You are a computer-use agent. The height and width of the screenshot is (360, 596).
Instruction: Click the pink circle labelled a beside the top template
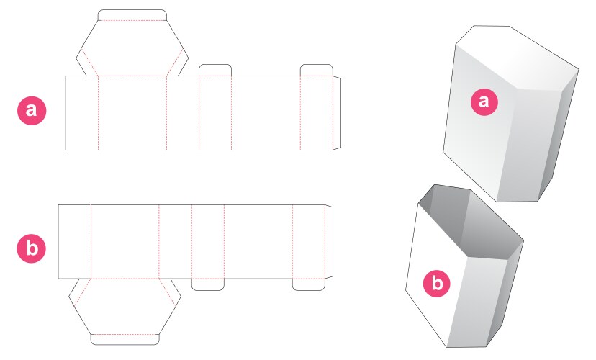(x=31, y=111)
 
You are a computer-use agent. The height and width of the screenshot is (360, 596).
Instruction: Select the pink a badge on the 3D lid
(x=484, y=102)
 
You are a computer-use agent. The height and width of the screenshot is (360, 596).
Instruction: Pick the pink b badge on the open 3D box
(x=435, y=283)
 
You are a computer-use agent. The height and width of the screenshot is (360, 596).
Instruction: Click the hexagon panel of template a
(x=132, y=48)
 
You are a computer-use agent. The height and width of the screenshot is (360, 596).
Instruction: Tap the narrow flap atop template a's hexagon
(x=132, y=15)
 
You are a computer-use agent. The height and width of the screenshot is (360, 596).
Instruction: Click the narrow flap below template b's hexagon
(x=125, y=339)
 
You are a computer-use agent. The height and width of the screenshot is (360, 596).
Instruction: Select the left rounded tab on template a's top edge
(x=215, y=70)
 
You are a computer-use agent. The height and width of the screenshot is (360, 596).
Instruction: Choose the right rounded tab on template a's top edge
(x=316, y=70)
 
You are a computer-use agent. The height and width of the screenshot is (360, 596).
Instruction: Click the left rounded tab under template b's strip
(x=207, y=284)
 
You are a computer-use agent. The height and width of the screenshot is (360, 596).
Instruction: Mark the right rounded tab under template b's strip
(x=309, y=284)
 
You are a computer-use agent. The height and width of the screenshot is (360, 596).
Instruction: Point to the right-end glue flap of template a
(x=337, y=112)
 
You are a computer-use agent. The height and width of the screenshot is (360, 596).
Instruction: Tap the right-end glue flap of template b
(x=329, y=242)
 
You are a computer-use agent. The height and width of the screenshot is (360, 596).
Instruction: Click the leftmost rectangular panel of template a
(x=81, y=113)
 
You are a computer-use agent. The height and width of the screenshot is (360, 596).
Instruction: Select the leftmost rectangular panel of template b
(x=74, y=242)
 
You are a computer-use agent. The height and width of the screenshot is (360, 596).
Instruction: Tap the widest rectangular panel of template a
(x=266, y=113)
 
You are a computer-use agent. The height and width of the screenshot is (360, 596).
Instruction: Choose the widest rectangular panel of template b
(x=258, y=242)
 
